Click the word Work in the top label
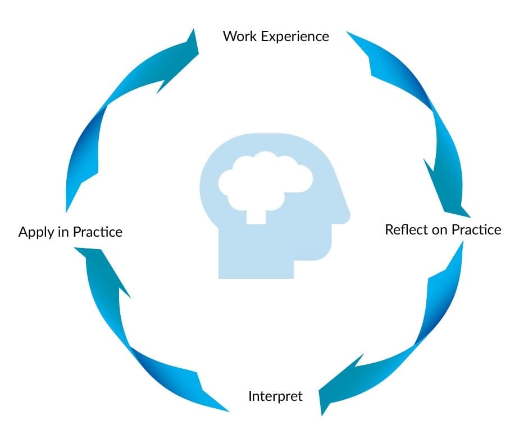237,37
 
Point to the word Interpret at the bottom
275,396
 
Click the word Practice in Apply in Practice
97,232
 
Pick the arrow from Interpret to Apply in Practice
129,337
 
